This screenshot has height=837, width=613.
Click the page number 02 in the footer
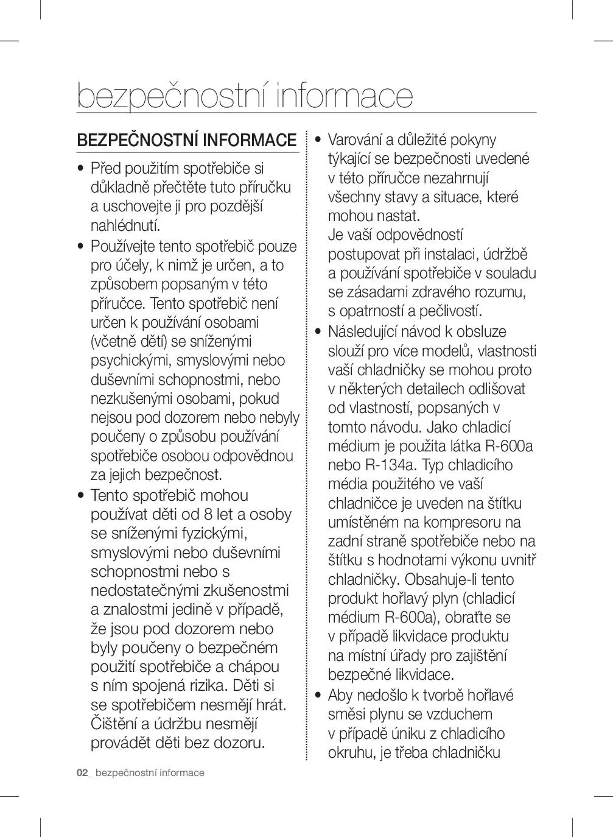point(82,773)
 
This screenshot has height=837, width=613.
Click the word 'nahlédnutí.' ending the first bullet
point(125,225)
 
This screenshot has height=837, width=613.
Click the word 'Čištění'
point(114,724)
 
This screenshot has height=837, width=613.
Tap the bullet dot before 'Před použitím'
point(80,169)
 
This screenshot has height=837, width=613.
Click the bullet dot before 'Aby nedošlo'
point(318,696)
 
